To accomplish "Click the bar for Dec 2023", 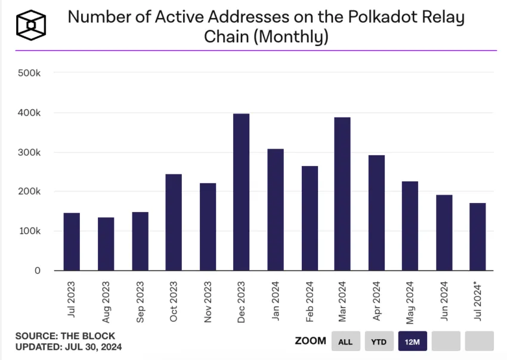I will click(242, 192).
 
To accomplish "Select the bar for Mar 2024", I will click(342, 194).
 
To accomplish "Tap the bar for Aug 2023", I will click(106, 244).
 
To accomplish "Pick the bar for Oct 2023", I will click(174, 222).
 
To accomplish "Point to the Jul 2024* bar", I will click(477, 236).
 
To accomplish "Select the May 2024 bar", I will click(410, 226).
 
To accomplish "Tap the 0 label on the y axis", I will click(38, 270).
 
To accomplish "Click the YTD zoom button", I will click(379, 341).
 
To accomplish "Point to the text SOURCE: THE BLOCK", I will click(65, 336).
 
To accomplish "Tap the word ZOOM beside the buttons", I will click(310, 341).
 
